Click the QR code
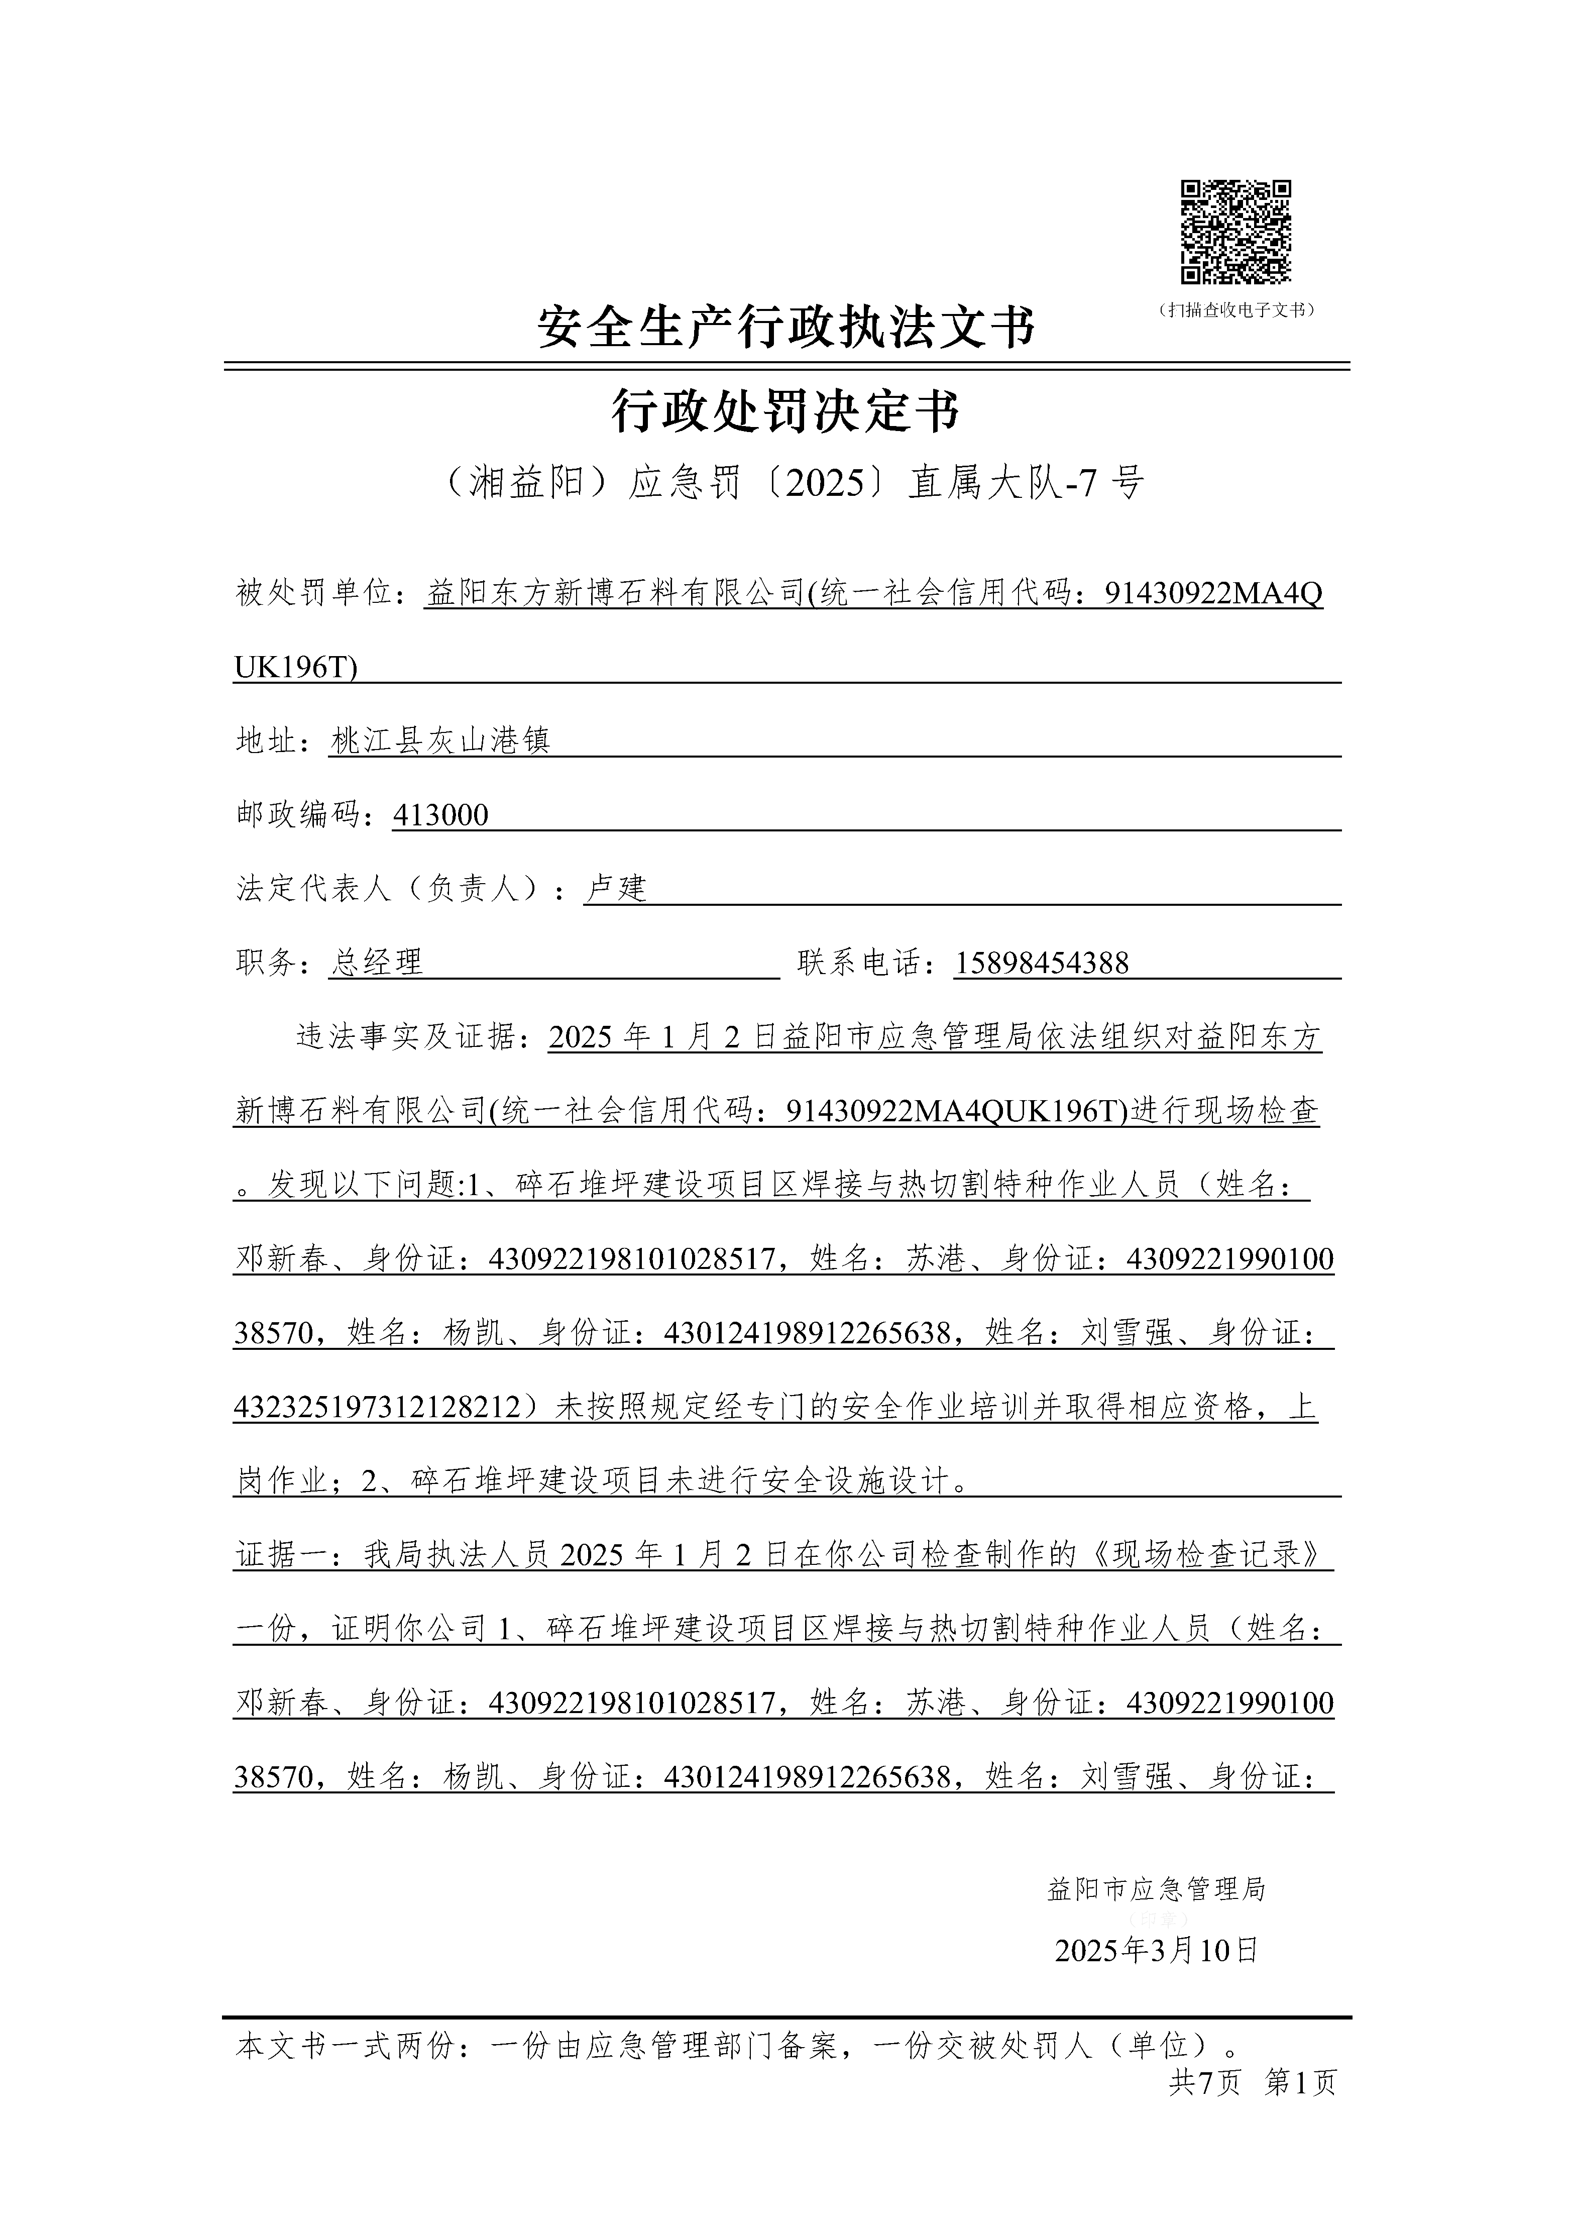(x=1235, y=233)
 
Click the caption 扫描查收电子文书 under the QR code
(x=1236, y=310)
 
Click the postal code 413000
(x=440, y=815)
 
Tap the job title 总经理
(x=377, y=963)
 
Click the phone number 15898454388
(x=1042, y=963)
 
